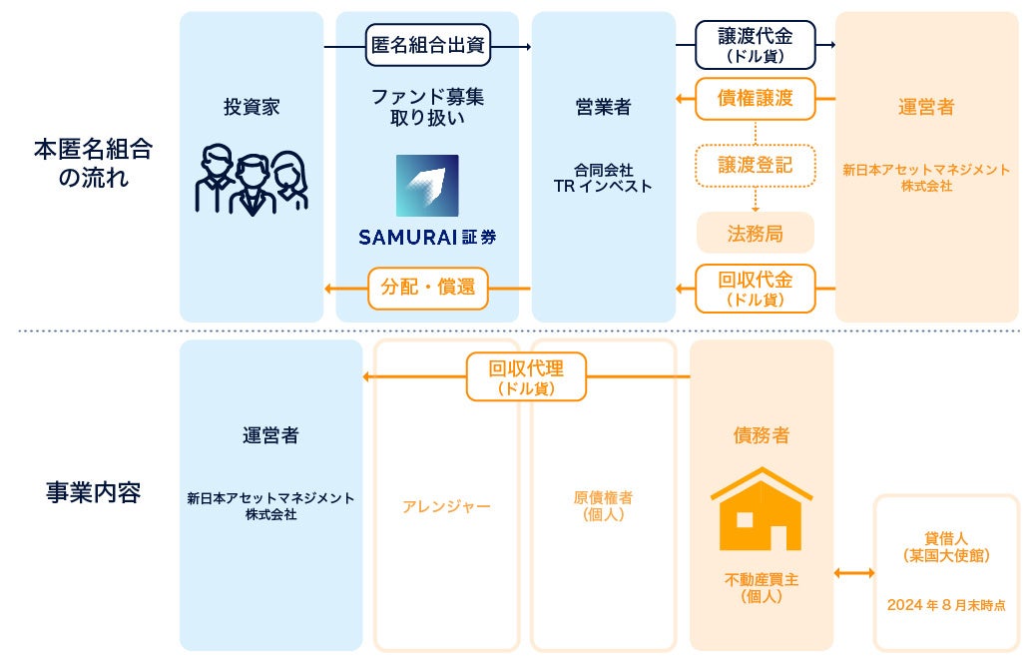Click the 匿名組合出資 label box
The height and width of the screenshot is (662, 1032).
tap(428, 45)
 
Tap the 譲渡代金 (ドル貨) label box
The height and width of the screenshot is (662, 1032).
tap(755, 45)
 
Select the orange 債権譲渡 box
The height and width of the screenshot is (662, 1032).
tap(755, 98)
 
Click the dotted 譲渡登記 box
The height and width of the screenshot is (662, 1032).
tap(755, 165)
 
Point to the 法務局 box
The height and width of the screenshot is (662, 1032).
tap(755, 233)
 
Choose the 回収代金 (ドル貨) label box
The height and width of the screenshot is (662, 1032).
tap(755, 288)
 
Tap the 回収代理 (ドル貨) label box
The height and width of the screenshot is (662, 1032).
tap(526, 376)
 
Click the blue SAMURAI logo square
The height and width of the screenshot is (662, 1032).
tap(427, 186)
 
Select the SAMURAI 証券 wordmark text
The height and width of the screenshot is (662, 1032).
tap(427, 238)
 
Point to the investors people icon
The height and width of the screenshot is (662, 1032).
tap(251, 182)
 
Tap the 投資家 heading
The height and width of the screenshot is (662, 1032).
tap(252, 107)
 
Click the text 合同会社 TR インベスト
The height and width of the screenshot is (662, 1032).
tap(603, 178)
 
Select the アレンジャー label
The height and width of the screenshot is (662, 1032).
tap(446, 506)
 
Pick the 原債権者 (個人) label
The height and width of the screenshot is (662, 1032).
tap(603, 506)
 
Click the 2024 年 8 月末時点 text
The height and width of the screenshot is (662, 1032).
tap(945, 604)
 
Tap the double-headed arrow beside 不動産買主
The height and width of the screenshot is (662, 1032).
tap(853, 572)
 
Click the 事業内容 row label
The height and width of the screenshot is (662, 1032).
tap(93, 492)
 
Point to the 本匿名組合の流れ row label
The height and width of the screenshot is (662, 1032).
tap(93, 165)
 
